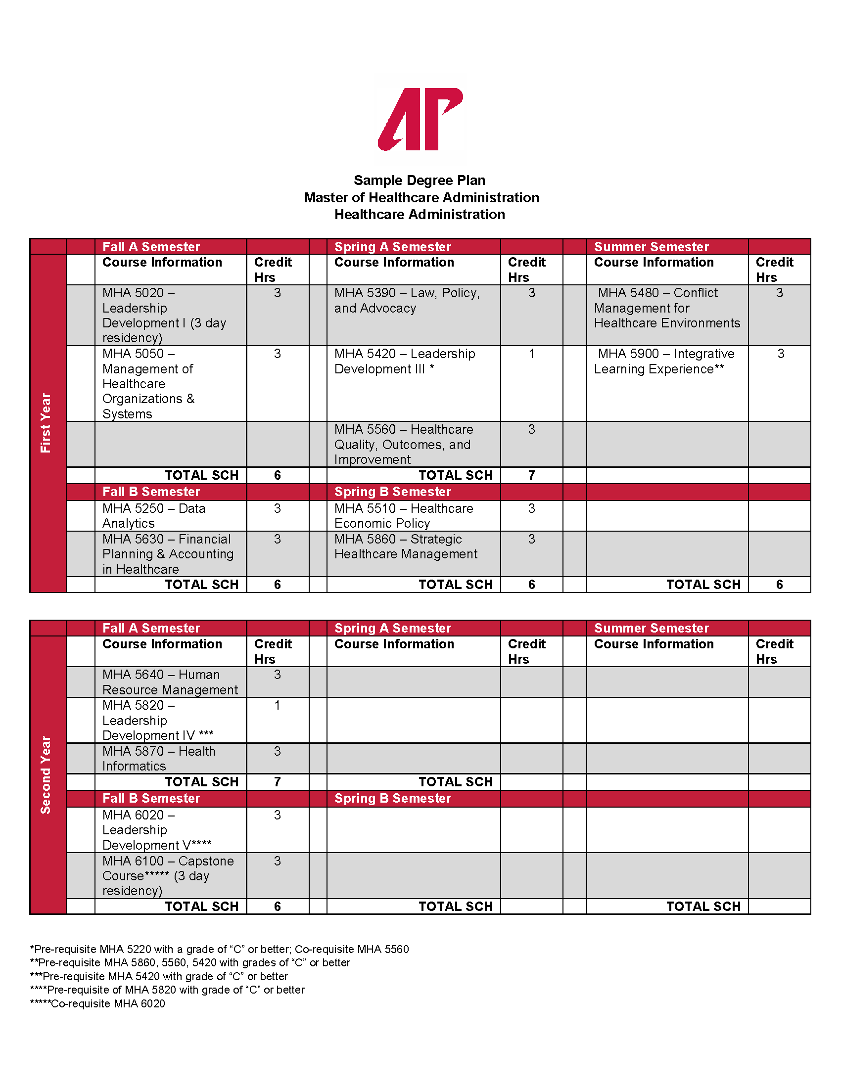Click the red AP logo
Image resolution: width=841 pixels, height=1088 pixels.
click(x=420, y=120)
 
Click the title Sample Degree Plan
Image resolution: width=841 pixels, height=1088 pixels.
click(x=420, y=181)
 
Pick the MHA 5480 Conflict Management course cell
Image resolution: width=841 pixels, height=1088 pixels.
click(x=667, y=308)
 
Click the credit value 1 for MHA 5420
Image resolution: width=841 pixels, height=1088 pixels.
click(x=532, y=354)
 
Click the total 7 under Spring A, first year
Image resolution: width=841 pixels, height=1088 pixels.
click(x=532, y=475)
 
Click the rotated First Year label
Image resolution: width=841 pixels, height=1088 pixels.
click(x=46, y=423)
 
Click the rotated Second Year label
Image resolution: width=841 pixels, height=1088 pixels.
click(x=46, y=774)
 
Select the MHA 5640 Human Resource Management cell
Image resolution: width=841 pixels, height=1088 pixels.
click(x=170, y=682)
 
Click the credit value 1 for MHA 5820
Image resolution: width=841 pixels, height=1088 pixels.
click(x=278, y=705)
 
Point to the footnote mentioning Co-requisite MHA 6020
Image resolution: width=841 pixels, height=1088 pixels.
click(x=97, y=1003)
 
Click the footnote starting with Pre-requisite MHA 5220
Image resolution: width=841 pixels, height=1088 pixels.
click(x=219, y=949)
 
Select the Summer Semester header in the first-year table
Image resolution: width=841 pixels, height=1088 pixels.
click(x=651, y=247)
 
